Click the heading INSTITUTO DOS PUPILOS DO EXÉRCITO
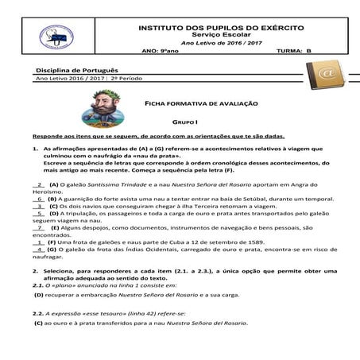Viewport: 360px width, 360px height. (x=210, y=28)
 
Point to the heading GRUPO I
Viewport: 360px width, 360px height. (x=184, y=125)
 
